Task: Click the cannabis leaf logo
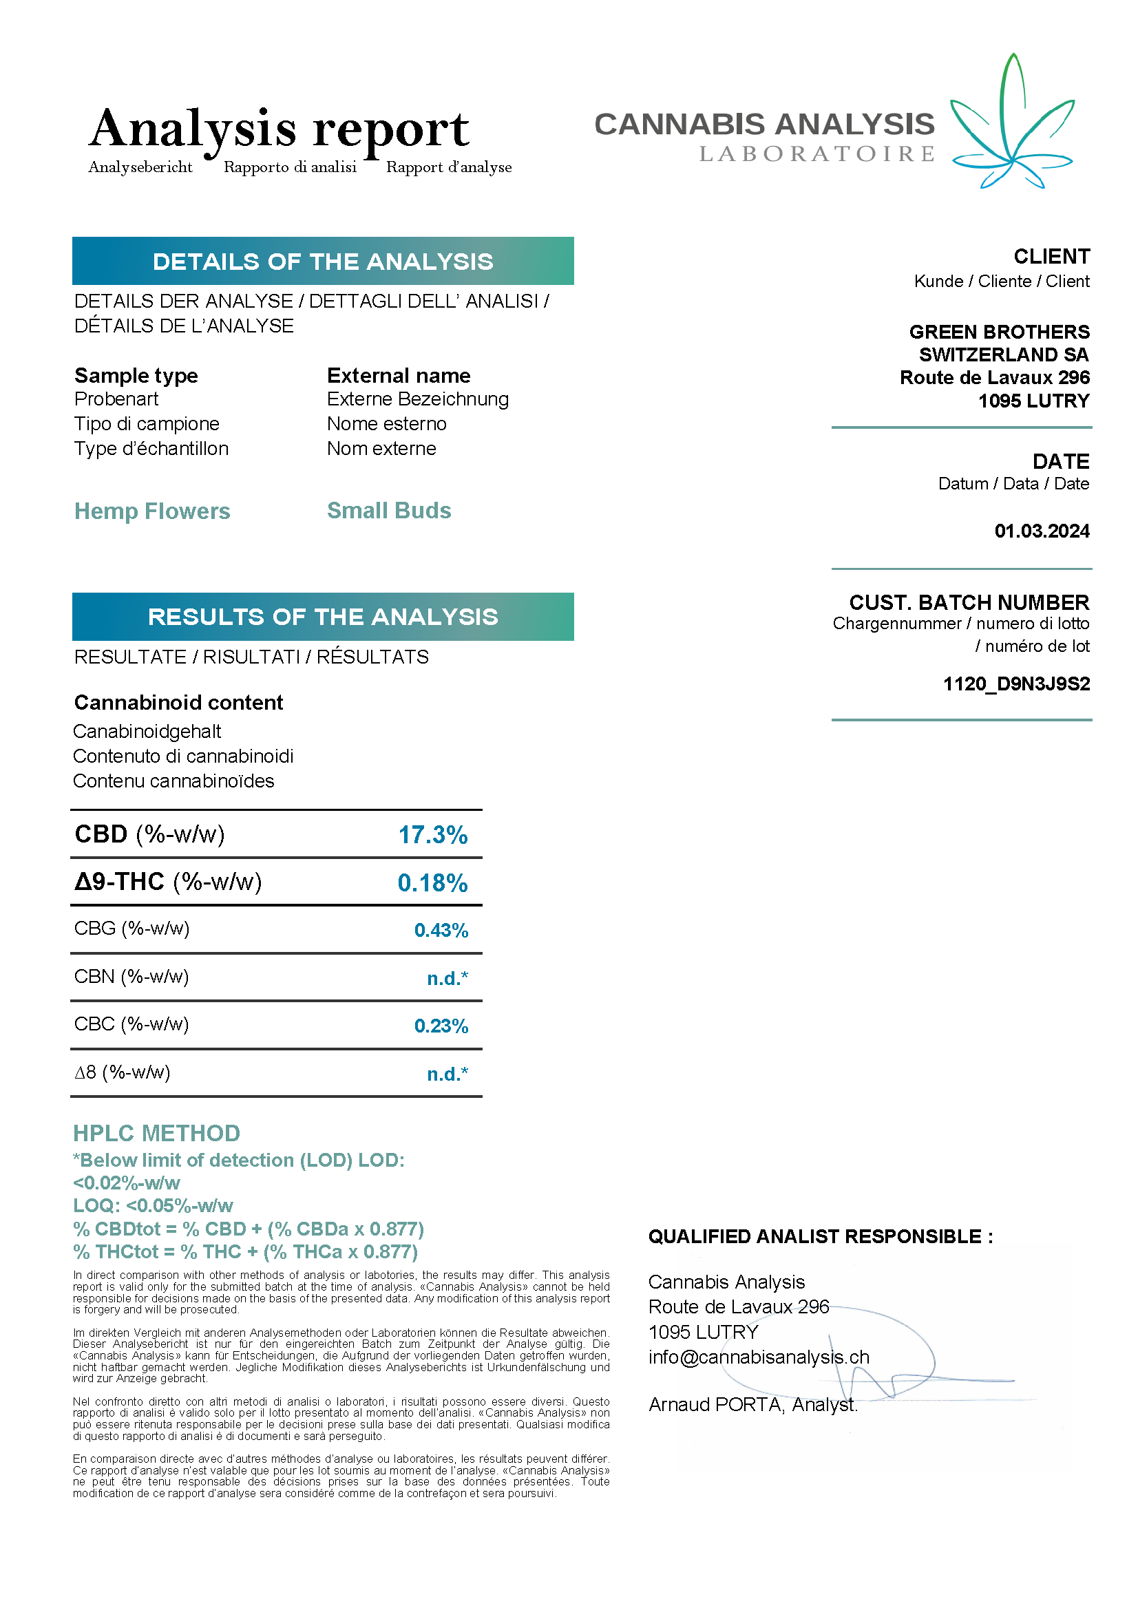pyautogui.click(x=1012, y=123)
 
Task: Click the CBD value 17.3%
pyautogui.click(x=432, y=834)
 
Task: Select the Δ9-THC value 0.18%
pyautogui.click(x=432, y=883)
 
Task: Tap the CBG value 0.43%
pyautogui.click(x=441, y=930)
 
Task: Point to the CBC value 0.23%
pyautogui.click(x=441, y=1026)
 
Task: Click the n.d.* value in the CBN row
pyautogui.click(x=447, y=978)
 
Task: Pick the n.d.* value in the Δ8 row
pyautogui.click(x=447, y=1074)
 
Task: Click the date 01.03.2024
pyautogui.click(x=1041, y=531)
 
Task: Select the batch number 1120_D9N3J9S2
pyautogui.click(x=1016, y=684)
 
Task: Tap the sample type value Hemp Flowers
pyautogui.click(x=152, y=511)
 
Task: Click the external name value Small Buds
pyautogui.click(x=388, y=511)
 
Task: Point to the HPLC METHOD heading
pyautogui.click(x=156, y=1133)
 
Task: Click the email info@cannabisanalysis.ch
pyautogui.click(x=759, y=1357)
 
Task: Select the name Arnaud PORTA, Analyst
pyautogui.click(x=752, y=1406)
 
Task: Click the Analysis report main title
pyautogui.click(x=279, y=129)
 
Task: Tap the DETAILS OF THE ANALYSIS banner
pyautogui.click(x=323, y=262)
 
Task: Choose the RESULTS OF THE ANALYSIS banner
pyautogui.click(x=323, y=617)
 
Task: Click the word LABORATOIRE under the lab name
pyautogui.click(x=817, y=154)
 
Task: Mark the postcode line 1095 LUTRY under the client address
pyautogui.click(x=1033, y=401)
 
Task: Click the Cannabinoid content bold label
pyautogui.click(x=179, y=703)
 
